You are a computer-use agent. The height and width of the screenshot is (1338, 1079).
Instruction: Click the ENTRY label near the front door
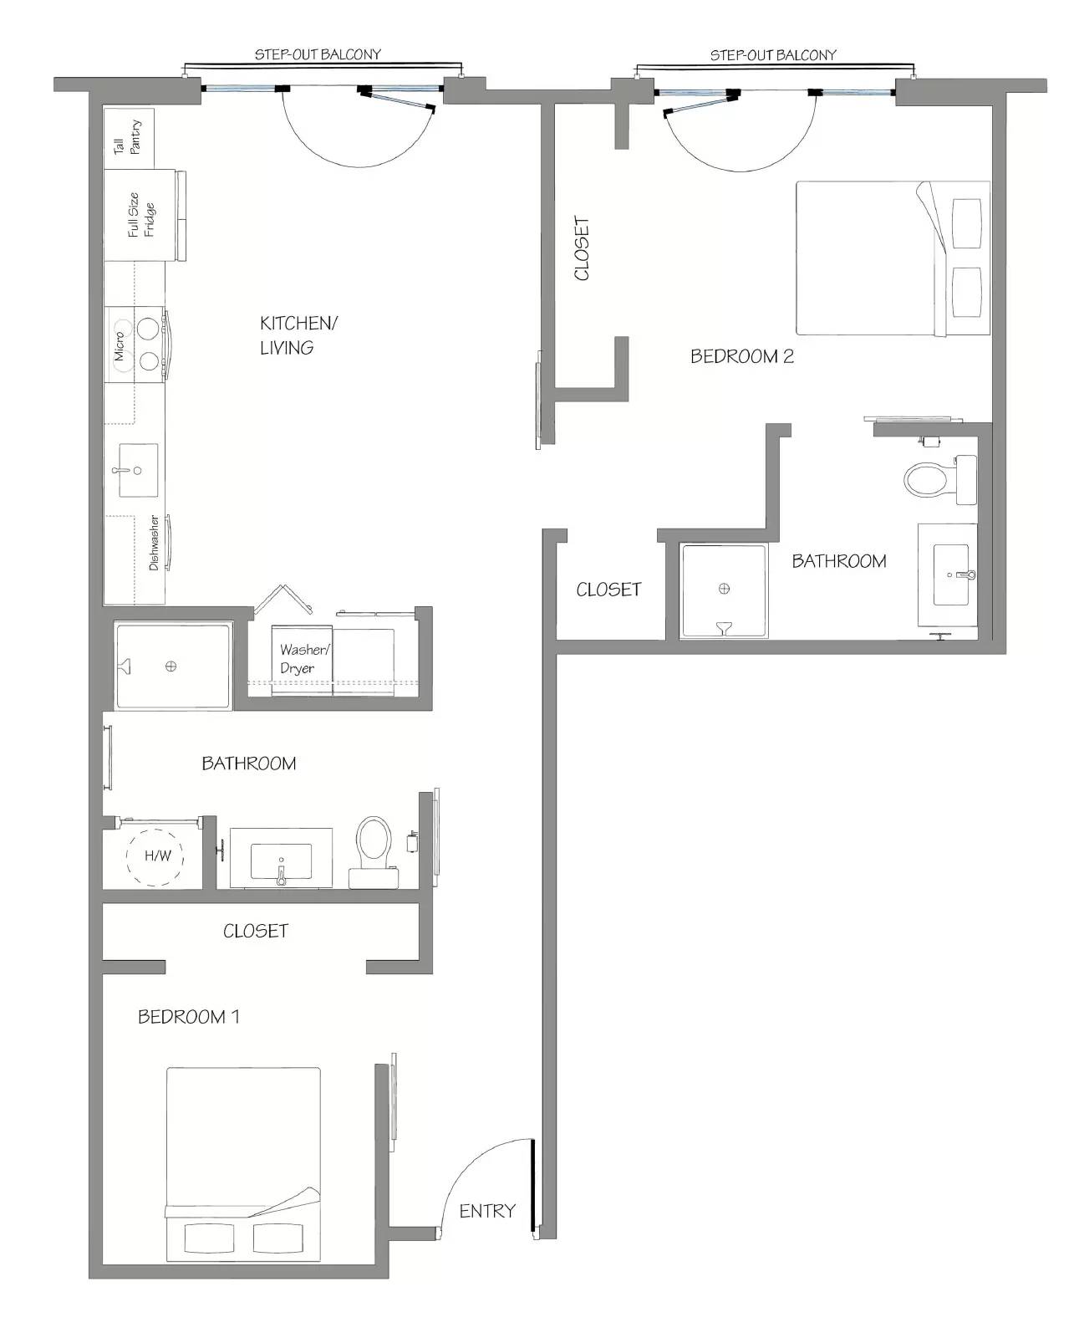point(487,1211)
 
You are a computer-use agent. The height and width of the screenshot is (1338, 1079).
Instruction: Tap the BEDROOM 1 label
point(188,1017)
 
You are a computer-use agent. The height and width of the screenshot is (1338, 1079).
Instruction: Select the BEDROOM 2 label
point(742,356)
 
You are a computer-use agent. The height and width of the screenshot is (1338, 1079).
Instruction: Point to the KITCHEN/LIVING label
point(298,335)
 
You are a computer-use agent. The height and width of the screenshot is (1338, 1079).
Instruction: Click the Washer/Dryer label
point(304,658)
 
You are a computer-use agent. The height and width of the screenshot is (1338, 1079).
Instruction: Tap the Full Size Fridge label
point(141,215)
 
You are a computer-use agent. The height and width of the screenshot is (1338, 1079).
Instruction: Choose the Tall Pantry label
point(127,137)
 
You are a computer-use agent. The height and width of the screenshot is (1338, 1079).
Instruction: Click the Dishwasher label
point(154,543)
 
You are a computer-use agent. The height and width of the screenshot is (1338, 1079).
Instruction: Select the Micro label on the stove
point(119,345)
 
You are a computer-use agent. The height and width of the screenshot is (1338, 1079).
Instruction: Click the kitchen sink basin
point(138,470)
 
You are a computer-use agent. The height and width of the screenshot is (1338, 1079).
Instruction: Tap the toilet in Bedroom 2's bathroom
point(939,480)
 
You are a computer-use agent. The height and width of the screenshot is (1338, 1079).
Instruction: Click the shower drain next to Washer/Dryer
point(171,666)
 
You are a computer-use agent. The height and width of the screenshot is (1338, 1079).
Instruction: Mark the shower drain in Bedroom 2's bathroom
point(724,588)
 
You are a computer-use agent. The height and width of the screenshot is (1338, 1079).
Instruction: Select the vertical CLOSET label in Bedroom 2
point(581,248)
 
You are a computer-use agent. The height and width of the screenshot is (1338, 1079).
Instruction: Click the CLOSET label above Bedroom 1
point(256,931)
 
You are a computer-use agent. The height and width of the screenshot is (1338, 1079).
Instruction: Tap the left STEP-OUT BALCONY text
point(318,54)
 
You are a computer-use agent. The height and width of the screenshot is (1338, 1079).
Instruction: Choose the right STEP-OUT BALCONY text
point(773,55)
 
